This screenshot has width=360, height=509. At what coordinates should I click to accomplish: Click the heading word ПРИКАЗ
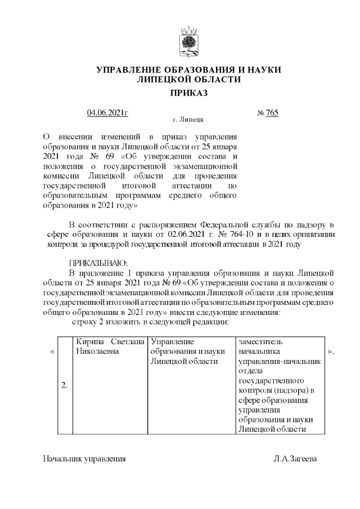coord(188,93)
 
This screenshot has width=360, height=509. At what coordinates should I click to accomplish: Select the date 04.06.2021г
coord(108,113)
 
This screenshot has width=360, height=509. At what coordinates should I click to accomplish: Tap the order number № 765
coord(267,113)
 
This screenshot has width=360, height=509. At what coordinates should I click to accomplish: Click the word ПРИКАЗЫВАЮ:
coord(98,263)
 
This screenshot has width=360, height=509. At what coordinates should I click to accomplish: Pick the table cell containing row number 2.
coord(65,385)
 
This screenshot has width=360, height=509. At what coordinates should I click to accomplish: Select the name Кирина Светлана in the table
coord(110,341)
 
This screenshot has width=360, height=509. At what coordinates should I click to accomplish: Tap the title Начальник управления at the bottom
coord(84,458)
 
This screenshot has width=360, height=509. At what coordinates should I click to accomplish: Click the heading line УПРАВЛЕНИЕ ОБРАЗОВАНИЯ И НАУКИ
coord(188,70)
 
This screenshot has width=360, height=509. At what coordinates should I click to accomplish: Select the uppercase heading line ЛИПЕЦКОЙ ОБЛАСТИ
coord(188,80)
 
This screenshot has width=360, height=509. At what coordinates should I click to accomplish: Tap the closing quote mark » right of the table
coord(331,352)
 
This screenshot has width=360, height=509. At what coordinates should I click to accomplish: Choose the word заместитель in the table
coord(261,341)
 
